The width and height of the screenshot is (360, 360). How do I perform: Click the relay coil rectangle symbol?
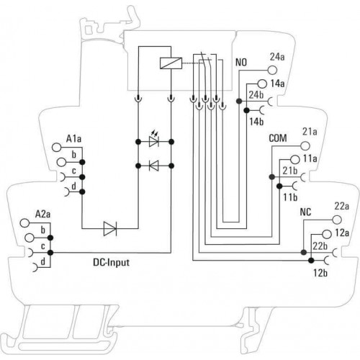[x=171, y=63]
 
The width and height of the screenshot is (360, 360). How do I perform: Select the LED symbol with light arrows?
[x=154, y=140]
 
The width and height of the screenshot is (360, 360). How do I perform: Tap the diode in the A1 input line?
[x=110, y=229]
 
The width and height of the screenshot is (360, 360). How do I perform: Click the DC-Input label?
[x=111, y=262]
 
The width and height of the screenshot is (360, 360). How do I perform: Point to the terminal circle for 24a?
[x=272, y=70]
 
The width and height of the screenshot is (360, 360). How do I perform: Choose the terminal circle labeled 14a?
[x=262, y=84]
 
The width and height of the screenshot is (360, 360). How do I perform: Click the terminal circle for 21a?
[x=305, y=145]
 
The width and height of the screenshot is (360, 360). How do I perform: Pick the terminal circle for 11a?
[x=295, y=159]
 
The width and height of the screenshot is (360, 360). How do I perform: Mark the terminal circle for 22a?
[x=337, y=220]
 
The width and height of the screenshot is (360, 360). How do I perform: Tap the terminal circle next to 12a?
[x=327, y=233]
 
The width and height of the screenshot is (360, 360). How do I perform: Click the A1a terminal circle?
[x=57, y=148]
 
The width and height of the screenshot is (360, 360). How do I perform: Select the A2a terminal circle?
[x=24, y=222]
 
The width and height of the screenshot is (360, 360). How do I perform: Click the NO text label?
[x=241, y=63]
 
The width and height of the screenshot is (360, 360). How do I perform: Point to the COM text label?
[x=278, y=138]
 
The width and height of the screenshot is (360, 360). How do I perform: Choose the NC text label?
[x=305, y=212]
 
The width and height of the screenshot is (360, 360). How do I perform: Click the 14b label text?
[x=256, y=122]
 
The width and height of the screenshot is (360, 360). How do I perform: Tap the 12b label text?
[x=320, y=273]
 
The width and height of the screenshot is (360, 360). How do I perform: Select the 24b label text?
[x=256, y=95]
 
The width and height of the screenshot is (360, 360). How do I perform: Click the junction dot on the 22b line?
[x=304, y=252]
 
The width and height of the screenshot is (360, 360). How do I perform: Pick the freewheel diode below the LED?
[x=154, y=166]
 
